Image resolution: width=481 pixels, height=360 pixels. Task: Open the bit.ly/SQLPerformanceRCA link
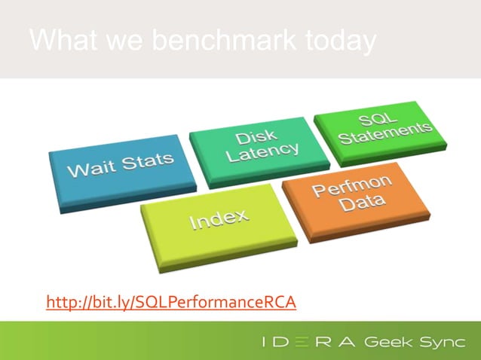pos(171,303)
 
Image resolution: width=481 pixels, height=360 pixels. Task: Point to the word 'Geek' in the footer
pos(389,342)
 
